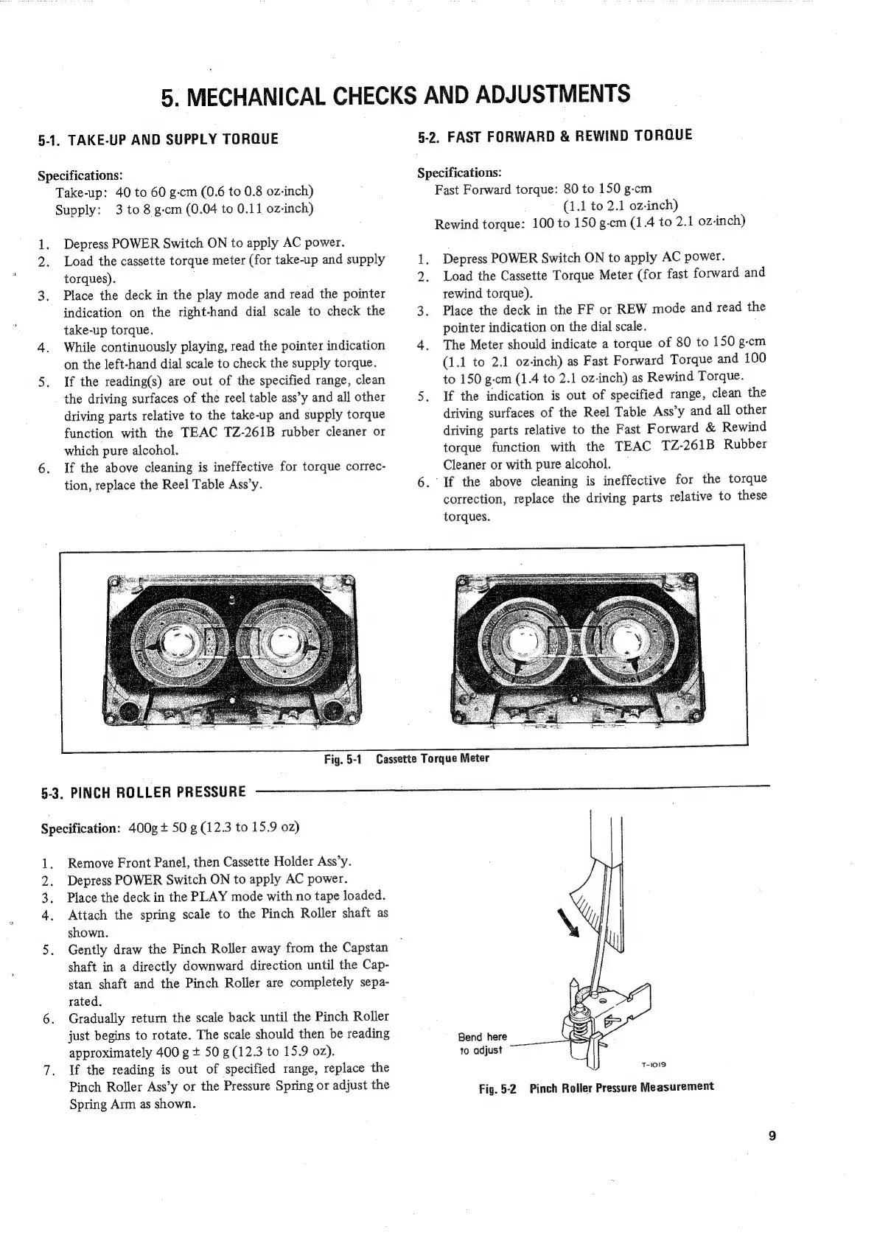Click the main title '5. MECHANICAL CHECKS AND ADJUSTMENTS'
[x=396, y=95]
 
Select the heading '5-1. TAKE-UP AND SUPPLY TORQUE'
[x=158, y=139]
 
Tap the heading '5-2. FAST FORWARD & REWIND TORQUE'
[x=555, y=136]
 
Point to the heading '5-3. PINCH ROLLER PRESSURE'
[x=143, y=792]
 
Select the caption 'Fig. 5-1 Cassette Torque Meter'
[x=407, y=758]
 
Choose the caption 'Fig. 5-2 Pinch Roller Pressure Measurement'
[x=596, y=1087]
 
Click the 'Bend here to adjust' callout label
[x=482, y=1043]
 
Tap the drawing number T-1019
[x=653, y=1064]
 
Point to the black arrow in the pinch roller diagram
[x=570, y=922]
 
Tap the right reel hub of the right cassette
[x=629, y=635]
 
